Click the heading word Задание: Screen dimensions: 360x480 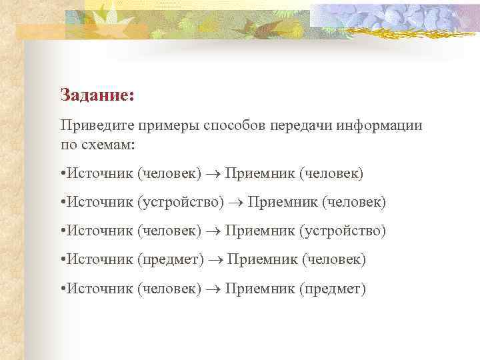coord(97,95)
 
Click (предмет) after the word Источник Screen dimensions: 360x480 coord(171,259)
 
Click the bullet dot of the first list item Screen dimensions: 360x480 coord(62,174)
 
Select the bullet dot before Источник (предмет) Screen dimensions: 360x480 coord(62,259)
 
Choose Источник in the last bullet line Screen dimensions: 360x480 coord(99,289)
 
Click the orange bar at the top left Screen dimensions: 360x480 coord(40,31)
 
